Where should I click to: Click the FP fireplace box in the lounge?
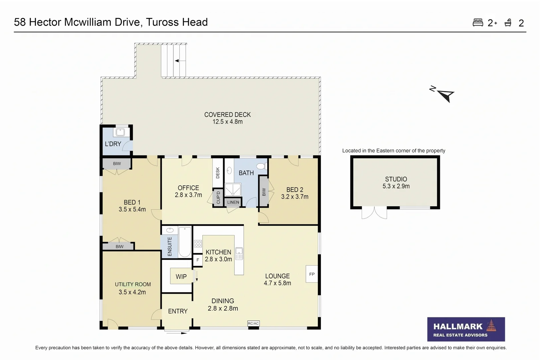(312, 274)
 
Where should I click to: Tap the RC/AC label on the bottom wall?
(253, 323)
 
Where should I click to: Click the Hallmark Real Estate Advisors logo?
(466, 329)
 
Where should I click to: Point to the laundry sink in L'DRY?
(120, 132)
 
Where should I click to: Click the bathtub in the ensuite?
(185, 242)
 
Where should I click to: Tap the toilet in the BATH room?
(261, 166)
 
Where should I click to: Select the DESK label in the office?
(218, 173)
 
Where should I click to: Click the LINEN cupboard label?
(233, 202)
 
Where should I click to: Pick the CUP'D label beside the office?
(218, 198)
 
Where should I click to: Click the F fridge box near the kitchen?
(198, 260)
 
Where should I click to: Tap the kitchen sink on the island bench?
(239, 254)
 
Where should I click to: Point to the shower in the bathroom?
(232, 190)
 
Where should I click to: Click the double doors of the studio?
(374, 213)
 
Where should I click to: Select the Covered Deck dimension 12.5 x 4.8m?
(227, 122)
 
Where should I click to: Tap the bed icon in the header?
(478, 23)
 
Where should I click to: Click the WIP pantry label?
(181, 276)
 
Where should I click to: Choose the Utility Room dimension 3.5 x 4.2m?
(132, 292)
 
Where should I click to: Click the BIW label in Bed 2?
(264, 192)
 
